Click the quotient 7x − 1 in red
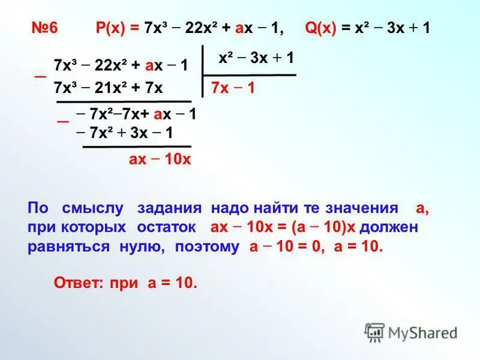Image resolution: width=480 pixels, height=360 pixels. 233,88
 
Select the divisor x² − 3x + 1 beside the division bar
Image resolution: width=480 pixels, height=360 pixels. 256,58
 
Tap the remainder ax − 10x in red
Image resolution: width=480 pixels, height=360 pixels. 160,159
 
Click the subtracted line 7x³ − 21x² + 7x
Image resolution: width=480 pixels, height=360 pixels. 109,88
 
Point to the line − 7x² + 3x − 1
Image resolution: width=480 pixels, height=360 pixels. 125,133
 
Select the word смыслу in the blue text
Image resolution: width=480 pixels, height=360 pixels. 92,209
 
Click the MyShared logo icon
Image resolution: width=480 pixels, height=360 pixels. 374,332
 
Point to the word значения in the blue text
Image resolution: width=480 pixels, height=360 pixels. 362,209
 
